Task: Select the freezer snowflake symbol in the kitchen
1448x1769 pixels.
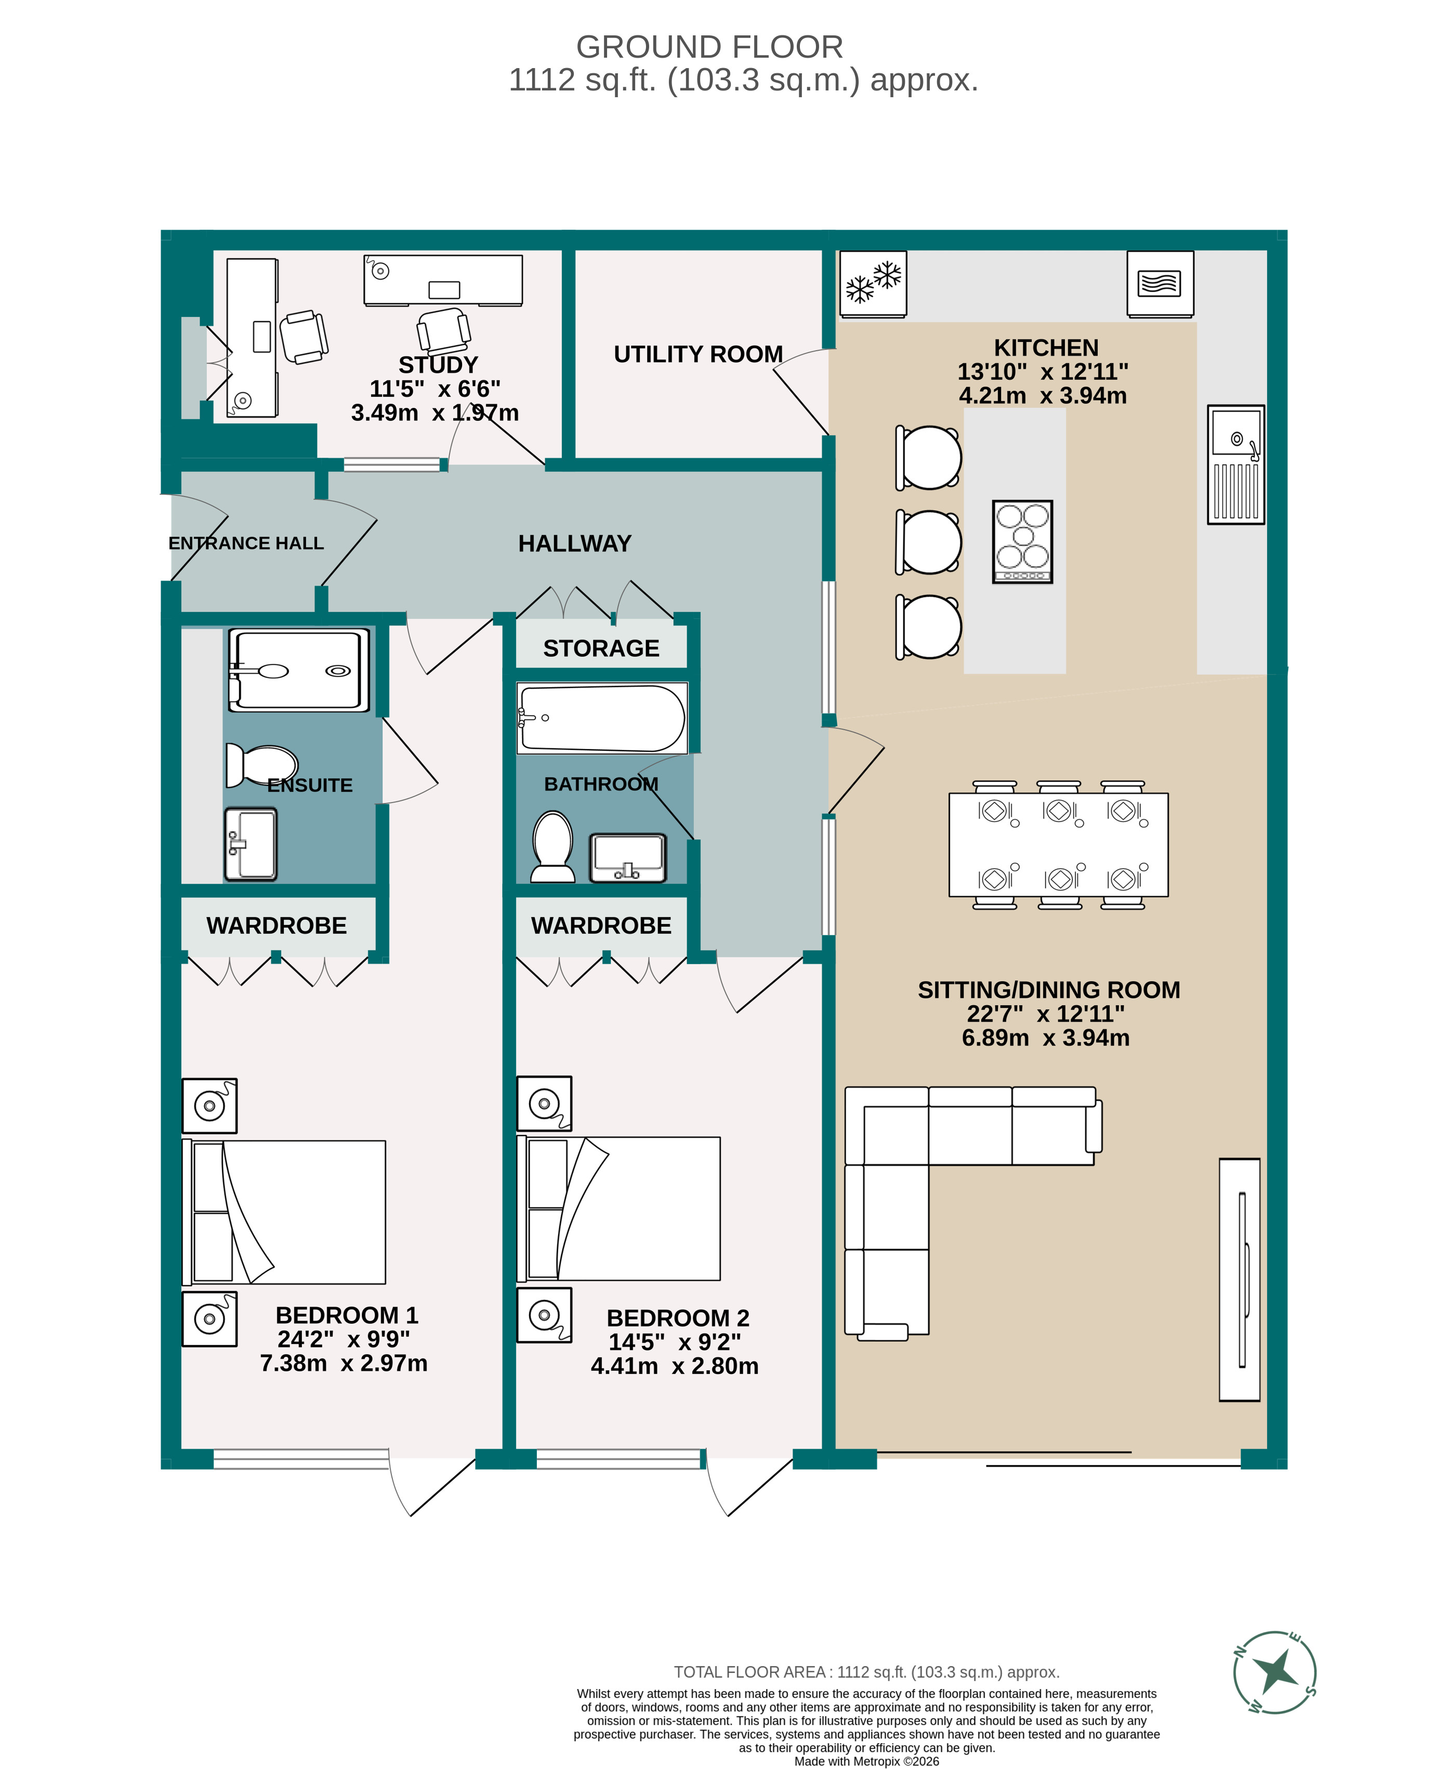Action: [x=873, y=284]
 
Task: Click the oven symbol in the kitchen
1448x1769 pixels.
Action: [x=1160, y=284]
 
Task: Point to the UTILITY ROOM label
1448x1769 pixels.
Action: [x=698, y=354]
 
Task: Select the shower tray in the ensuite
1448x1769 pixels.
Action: [x=299, y=670]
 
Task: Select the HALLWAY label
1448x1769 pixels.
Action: [x=575, y=544]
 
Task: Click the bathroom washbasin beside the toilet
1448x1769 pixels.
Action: [x=627, y=857]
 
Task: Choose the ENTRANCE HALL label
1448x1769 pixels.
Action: [x=245, y=543]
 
